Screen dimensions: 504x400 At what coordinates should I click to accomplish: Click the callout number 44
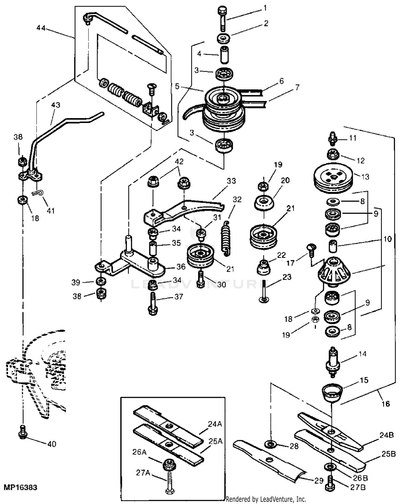coord(41,27)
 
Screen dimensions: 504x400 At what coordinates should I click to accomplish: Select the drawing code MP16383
coord(20,487)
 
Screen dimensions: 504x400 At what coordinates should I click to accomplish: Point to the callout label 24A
coord(215,424)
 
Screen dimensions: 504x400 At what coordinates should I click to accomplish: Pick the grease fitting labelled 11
coord(333,138)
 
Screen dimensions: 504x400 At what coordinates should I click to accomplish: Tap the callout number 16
coord(386,403)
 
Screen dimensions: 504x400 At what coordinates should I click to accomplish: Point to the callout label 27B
coord(357,487)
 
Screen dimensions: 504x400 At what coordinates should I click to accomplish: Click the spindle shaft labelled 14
coord(333,362)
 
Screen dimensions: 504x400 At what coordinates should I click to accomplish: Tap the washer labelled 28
coord(270,444)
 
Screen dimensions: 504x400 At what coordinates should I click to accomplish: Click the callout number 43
coord(55,105)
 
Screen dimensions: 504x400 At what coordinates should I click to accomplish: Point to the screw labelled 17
coord(311,250)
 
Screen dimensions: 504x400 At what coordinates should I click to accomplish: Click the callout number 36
coord(181,267)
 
